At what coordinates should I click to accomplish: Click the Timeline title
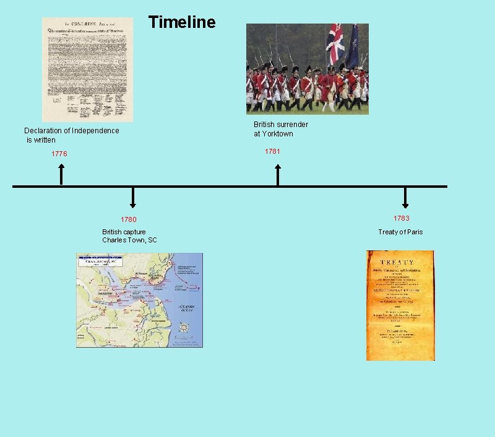(182, 23)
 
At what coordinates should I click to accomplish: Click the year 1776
(59, 154)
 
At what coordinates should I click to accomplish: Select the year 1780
(129, 219)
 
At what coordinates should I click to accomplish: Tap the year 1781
(272, 151)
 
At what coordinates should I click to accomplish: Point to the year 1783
(402, 218)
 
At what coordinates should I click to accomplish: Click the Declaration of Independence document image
(87, 69)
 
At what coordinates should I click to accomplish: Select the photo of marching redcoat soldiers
(307, 69)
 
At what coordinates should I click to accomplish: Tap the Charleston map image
(139, 300)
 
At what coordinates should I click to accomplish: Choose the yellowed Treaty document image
(400, 305)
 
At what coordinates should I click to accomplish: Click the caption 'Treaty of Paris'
(400, 232)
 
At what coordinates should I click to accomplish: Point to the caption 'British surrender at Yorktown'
(281, 129)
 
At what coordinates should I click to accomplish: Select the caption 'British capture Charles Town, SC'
(129, 236)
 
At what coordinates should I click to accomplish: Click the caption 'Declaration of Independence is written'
(71, 135)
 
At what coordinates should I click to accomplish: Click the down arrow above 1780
(132, 198)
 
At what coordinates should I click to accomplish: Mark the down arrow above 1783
(405, 198)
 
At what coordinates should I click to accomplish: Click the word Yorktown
(277, 134)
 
